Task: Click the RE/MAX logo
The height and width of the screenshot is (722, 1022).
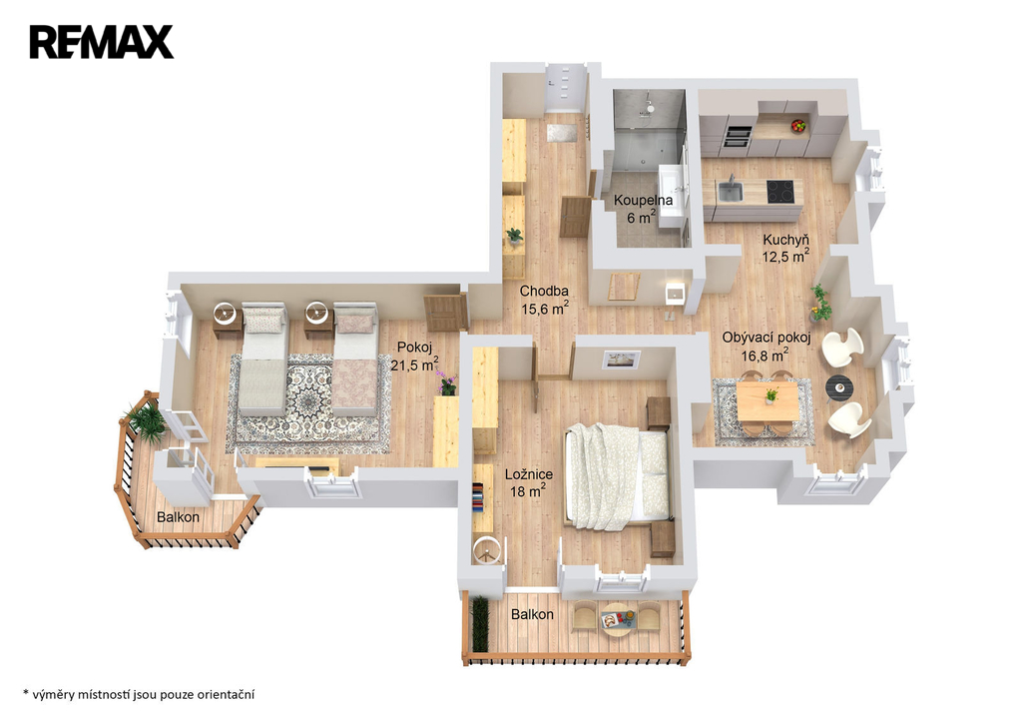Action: (101, 42)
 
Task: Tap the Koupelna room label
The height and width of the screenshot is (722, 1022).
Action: (643, 200)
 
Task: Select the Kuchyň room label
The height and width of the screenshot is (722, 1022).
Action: (786, 240)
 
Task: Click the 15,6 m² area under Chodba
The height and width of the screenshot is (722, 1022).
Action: (544, 309)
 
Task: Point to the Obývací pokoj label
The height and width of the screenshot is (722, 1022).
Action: (766, 338)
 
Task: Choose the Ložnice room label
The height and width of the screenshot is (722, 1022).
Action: (529, 474)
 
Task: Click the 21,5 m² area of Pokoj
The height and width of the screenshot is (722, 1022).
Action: (414, 363)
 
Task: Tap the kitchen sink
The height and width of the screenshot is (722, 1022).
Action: (730, 191)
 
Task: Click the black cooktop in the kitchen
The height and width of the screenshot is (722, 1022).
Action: (780, 191)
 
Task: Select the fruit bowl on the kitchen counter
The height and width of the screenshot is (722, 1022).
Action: (798, 125)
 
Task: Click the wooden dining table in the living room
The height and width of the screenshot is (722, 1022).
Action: (768, 400)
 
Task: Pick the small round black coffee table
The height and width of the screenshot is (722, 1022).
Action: (838, 387)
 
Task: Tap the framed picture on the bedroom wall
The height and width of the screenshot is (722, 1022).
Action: (621, 360)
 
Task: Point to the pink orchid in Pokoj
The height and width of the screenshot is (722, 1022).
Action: (446, 382)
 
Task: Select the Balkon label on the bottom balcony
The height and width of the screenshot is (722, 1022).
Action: (532, 614)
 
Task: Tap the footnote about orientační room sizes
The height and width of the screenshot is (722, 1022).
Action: (139, 695)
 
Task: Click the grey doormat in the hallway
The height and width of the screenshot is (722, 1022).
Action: (561, 133)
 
